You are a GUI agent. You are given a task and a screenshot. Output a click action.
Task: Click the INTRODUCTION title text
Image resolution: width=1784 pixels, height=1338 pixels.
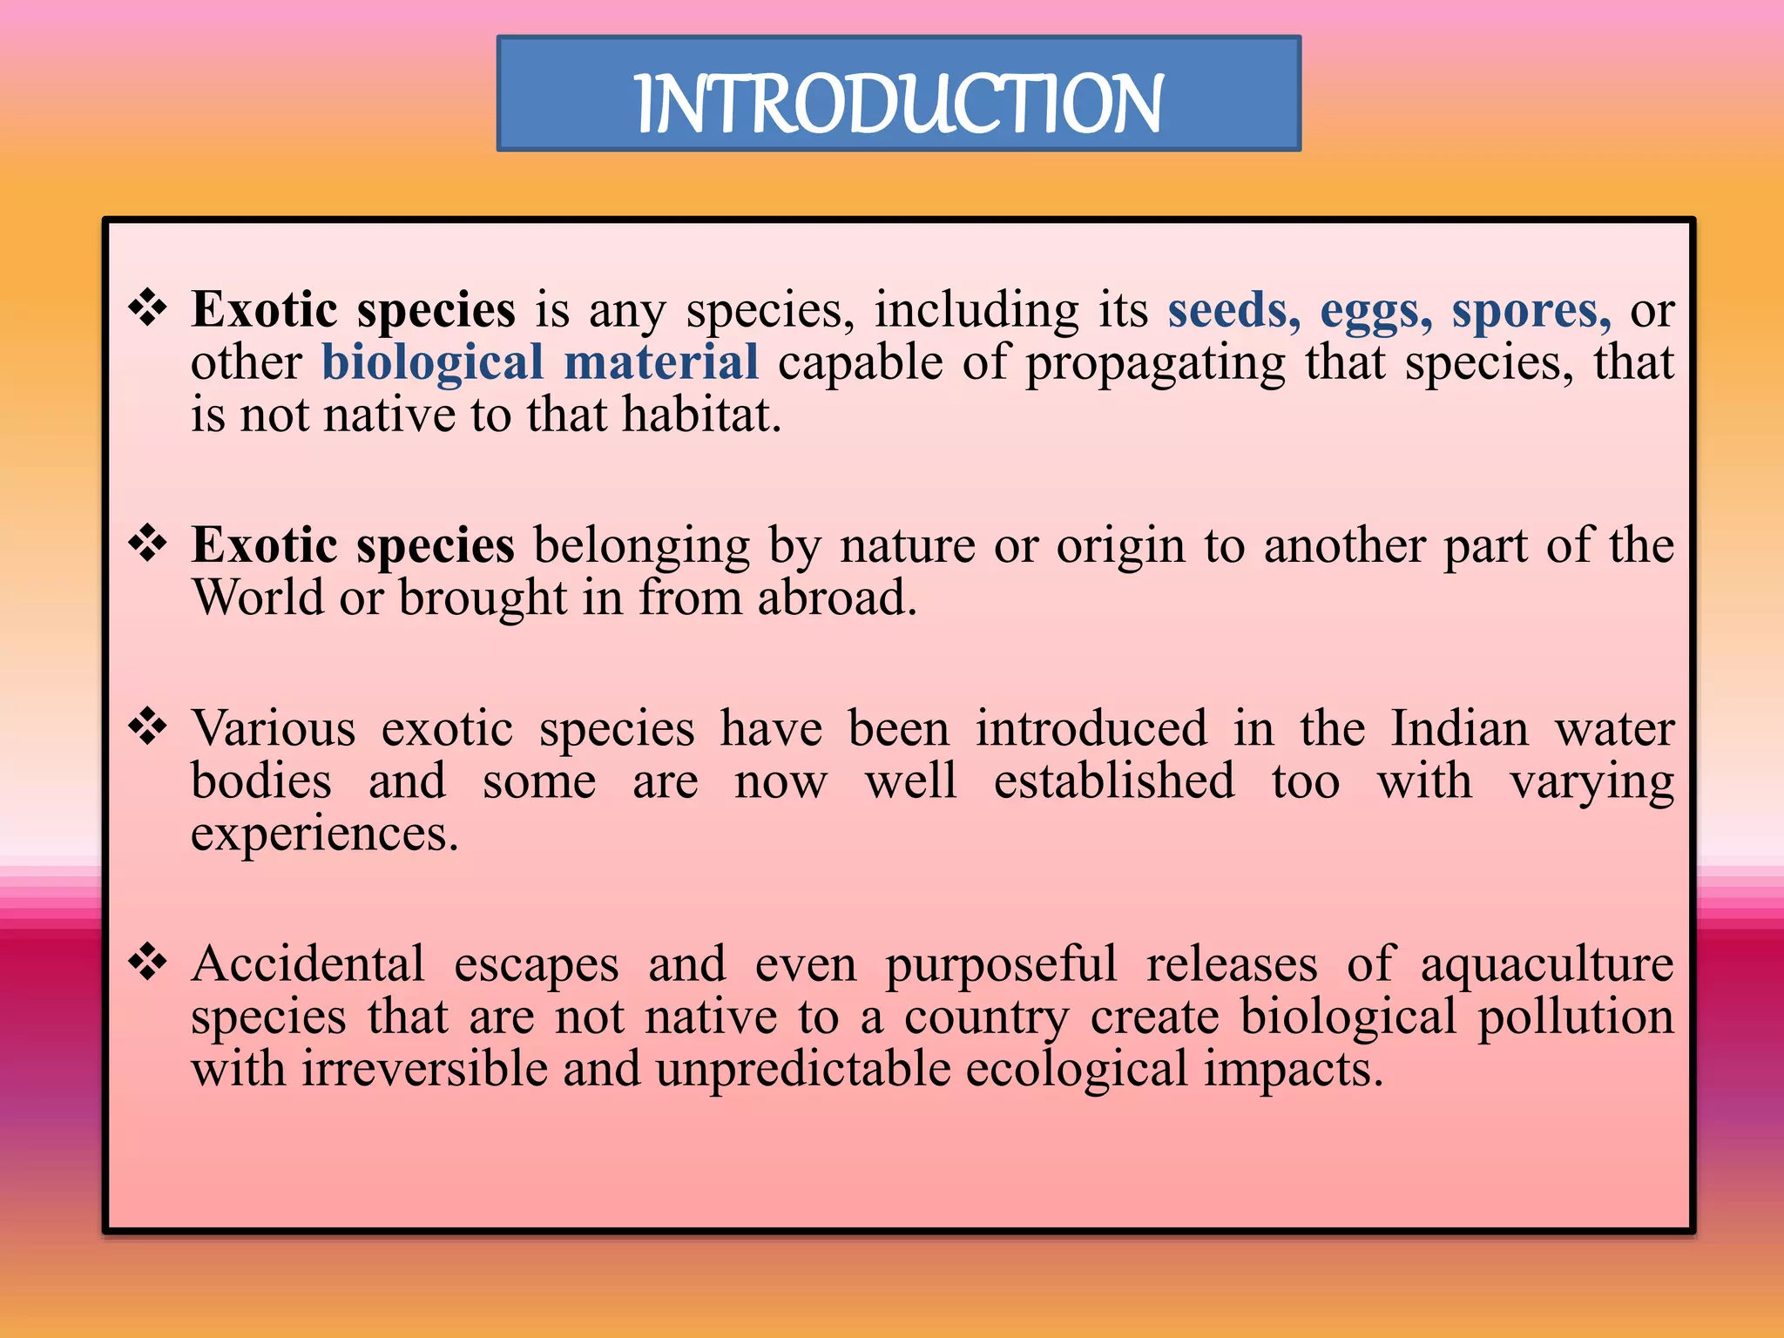point(899,104)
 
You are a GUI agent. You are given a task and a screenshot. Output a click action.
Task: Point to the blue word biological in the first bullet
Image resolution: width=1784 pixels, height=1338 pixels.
point(433,363)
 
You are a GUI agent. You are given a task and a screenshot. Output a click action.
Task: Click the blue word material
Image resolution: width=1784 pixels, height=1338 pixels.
point(661,362)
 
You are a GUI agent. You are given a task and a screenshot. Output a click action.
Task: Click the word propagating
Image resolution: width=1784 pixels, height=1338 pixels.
point(1155,364)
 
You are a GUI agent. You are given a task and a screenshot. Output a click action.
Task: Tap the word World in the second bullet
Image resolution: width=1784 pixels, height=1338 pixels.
point(258,598)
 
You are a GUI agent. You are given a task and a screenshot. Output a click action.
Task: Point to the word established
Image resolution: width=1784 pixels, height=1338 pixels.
point(1114,780)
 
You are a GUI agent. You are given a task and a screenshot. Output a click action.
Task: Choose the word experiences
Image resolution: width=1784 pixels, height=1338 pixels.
point(323,835)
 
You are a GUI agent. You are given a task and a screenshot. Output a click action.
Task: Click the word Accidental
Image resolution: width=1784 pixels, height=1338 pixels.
point(308,964)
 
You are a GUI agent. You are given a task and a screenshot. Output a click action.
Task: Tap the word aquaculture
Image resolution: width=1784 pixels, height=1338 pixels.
point(1547,965)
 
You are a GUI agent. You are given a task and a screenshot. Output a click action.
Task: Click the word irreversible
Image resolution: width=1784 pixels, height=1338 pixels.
point(425,1069)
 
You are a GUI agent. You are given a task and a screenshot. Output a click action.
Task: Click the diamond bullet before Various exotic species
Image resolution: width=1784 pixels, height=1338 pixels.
point(148,727)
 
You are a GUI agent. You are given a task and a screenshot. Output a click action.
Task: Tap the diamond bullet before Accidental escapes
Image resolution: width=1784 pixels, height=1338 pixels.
point(148,963)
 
